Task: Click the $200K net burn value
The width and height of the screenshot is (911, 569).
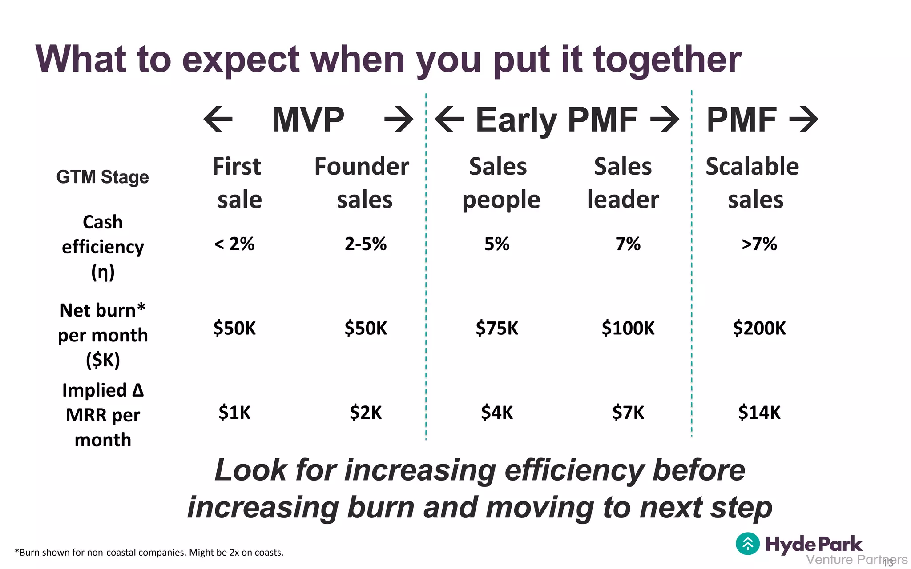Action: (x=759, y=328)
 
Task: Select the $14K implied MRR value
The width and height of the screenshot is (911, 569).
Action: (x=759, y=413)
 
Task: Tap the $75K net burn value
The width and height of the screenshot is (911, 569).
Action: (x=497, y=328)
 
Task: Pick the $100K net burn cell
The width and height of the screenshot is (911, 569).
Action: (x=628, y=328)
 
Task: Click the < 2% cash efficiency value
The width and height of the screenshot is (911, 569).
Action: (x=234, y=244)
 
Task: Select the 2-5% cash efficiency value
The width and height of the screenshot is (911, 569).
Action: (x=365, y=244)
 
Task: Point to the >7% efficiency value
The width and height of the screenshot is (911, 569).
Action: (x=759, y=244)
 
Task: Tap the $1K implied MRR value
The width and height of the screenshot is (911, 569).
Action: (x=234, y=413)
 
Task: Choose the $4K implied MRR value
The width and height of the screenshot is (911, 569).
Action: (x=497, y=413)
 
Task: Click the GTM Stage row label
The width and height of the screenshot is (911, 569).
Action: (x=102, y=177)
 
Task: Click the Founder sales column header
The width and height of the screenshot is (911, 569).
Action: (x=362, y=183)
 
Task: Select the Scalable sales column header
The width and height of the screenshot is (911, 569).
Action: (x=753, y=183)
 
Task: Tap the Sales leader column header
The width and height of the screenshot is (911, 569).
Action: (x=623, y=183)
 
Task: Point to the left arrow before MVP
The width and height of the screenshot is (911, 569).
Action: (x=218, y=119)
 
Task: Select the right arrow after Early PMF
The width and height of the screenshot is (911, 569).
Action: (x=665, y=119)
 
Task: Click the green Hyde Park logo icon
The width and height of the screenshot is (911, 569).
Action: (x=748, y=544)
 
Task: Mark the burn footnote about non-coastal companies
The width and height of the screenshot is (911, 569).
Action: (x=149, y=553)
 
